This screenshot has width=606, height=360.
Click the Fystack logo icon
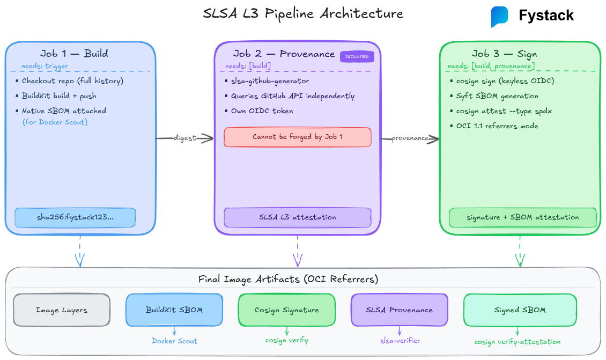pos(499,16)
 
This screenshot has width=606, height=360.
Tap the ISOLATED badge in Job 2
pos(356,56)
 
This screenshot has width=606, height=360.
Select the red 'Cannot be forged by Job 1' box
pos(297,137)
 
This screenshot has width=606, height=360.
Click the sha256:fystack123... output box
pos(75,217)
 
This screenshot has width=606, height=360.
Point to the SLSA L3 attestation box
pos(297,217)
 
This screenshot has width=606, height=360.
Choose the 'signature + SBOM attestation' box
pos(522,217)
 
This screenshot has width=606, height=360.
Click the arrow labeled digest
pos(184,138)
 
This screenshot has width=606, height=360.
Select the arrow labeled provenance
pos(410,138)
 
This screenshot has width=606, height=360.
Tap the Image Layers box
pos(61,310)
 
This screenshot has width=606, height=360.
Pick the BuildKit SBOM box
pos(174,310)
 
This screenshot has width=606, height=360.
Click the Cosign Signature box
pos(286,310)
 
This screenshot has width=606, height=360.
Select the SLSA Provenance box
pos(399,310)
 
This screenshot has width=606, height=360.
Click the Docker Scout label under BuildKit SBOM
pos(174,341)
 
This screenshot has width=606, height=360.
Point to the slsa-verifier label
pos(400,341)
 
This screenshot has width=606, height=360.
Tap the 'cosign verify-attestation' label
pos(517,342)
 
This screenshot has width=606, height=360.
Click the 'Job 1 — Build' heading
pos(74,53)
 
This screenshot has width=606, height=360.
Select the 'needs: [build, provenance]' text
pos(491,66)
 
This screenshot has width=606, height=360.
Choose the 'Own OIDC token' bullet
pos(262,111)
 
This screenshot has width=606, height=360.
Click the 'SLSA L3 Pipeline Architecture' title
pos(303,13)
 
